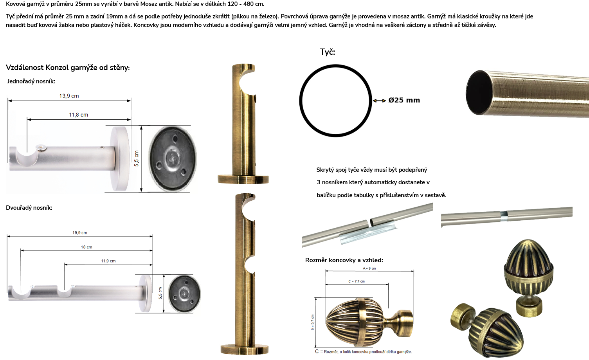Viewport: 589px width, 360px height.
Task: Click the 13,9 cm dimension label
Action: (x=69, y=96)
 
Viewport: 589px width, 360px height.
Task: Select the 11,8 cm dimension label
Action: (x=78, y=115)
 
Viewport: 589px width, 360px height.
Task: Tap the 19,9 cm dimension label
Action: (x=80, y=233)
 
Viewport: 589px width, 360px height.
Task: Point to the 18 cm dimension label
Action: (x=86, y=247)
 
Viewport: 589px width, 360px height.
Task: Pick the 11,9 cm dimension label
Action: (x=108, y=261)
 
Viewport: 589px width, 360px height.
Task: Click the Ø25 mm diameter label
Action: (x=404, y=100)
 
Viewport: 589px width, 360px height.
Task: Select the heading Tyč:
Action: (x=327, y=52)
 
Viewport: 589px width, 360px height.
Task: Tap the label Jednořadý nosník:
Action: (x=31, y=81)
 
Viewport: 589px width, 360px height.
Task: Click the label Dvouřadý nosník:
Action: (x=29, y=208)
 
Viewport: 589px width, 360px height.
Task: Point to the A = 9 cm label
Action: (x=369, y=268)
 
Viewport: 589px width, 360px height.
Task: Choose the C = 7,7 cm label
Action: (x=357, y=281)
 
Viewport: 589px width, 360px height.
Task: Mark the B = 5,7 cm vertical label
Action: (x=312, y=322)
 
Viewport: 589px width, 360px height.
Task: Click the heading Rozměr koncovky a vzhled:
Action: (x=344, y=260)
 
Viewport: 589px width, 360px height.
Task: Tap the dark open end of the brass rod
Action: (x=479, y=92)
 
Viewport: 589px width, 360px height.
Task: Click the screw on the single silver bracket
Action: (x=41, y=148)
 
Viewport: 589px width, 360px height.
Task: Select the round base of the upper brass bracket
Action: (x=243, y=179)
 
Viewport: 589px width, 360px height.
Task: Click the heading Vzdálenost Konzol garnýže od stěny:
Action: (x=68, y=68)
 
